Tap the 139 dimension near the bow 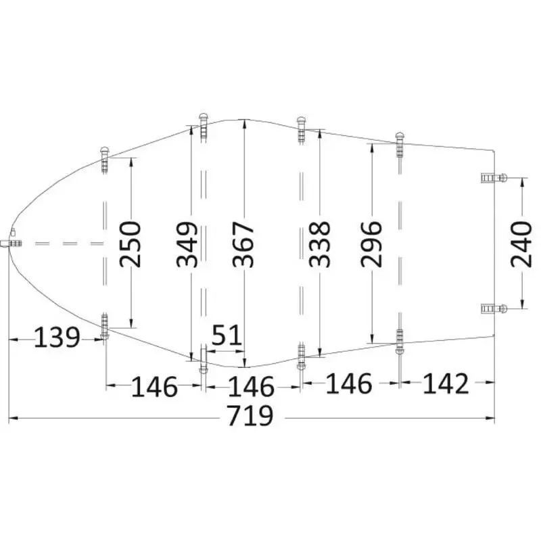click(x=57, y=337)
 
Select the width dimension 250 click(x=131, y=244)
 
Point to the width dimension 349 click(x=187, y=244)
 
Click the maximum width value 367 click(x=243, y=244)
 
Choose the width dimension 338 click(x=319, y=244)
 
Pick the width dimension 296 click(x=371, y=244)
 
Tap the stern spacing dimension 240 click(x=521, y=244)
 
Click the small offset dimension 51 click(x=227, y=335)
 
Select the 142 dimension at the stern click(x=446, y=383)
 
